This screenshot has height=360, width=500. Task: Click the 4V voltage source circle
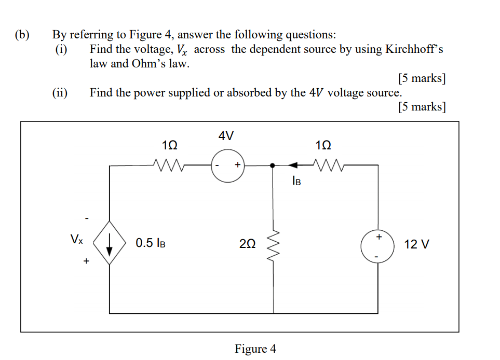[227, 166]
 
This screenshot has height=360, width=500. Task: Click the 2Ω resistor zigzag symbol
[274, 244]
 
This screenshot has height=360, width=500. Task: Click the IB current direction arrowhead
[293, 165]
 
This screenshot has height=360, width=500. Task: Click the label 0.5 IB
[151, 243]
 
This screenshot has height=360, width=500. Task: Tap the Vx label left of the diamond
[76, 240]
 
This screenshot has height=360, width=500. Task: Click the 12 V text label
[416, 244]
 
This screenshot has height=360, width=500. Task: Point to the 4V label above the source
[226, 136]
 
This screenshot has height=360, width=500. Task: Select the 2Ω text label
[247, 244]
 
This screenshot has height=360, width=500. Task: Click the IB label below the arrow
[296, 181]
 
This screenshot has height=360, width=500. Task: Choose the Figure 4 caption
[255, 349]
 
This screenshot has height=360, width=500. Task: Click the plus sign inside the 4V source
[237, 165]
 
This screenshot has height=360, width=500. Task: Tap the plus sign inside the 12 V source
[379, 237]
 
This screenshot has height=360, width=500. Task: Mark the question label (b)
[22, 35]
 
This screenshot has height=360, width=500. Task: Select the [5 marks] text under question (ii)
[422, 107]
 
